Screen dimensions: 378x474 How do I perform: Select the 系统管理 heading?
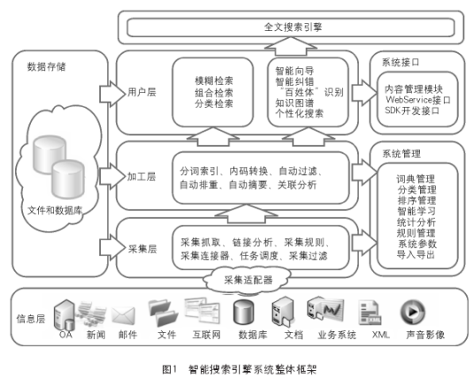tap(399, 154)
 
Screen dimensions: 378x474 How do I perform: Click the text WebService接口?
tap(417, 101)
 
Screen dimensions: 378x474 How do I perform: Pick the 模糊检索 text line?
tap(214, 80)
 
